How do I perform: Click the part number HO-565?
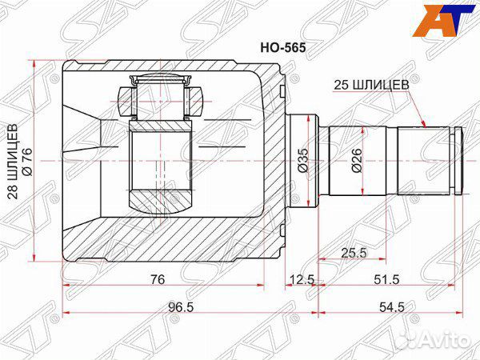pos(283,48)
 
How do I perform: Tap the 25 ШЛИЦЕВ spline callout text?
pos(371,85)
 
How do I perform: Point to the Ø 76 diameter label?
pos(26,162)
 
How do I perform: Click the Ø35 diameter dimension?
pos(302,160)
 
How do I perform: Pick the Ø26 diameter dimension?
pos(357,161)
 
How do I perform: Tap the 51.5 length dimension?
pos(386,279)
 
